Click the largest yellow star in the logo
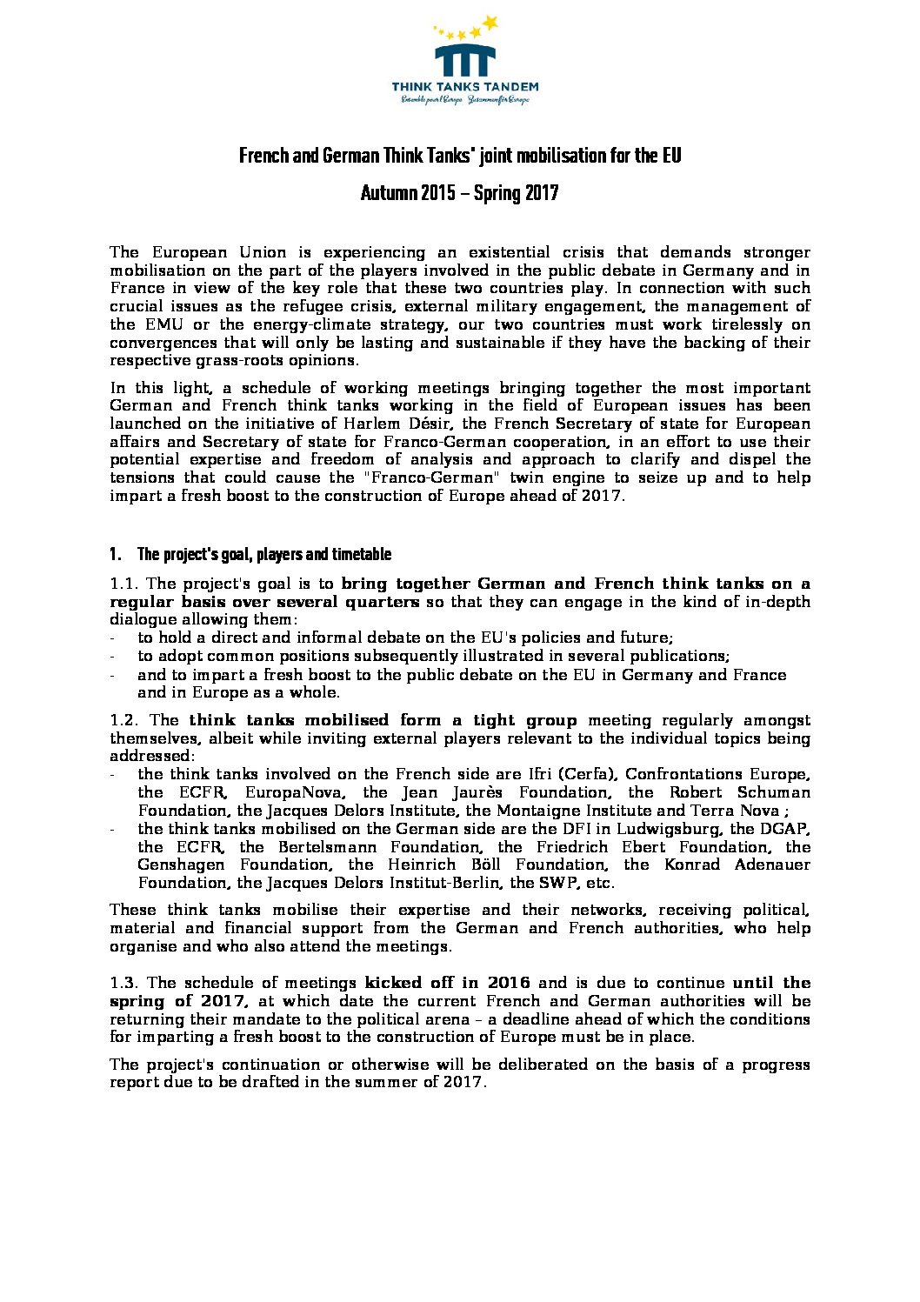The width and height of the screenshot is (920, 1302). [490, 23]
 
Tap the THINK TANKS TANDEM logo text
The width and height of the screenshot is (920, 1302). [464, 87]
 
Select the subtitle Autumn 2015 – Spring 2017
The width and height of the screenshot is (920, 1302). [459, 193]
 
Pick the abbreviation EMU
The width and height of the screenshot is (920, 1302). [160, 324]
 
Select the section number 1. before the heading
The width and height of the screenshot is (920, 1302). [115, 555]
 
